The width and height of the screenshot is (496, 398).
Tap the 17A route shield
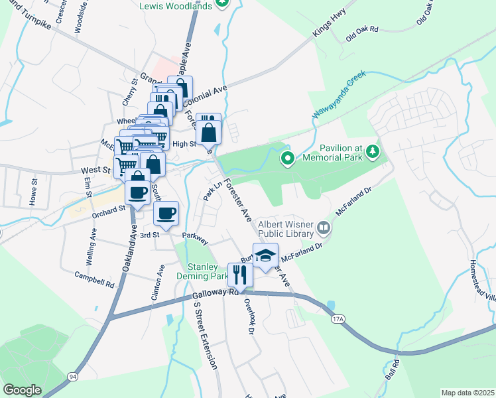tap(338, 319)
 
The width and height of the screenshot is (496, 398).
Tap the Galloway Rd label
tap(216, 295)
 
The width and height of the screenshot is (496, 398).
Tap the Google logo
tap(22, 390)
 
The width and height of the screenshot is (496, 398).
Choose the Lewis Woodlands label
tap(176, 6)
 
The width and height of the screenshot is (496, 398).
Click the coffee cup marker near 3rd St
tap(166, 214)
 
